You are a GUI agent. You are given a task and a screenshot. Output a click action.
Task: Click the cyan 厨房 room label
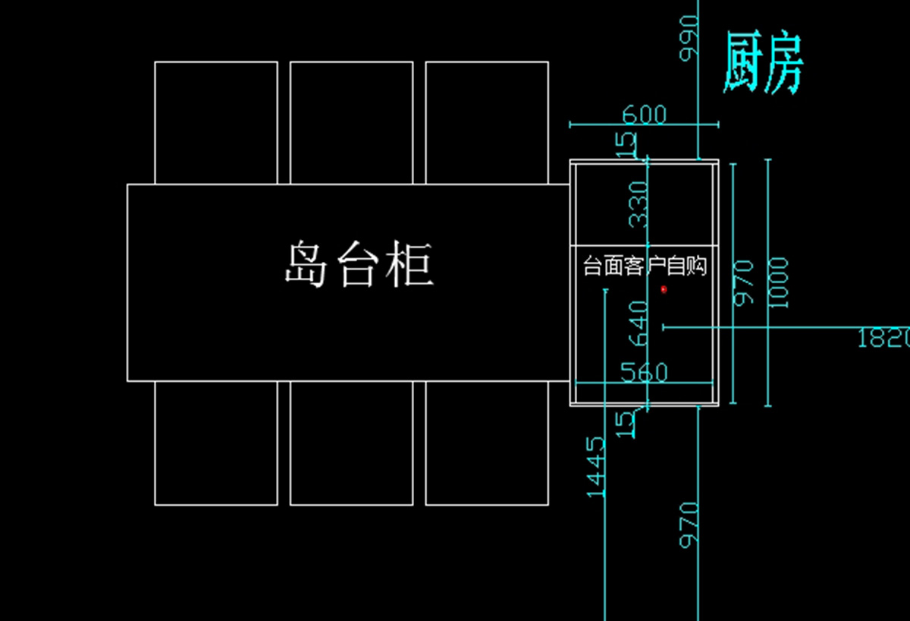[763, 63]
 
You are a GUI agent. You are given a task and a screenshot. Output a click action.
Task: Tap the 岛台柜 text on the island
[359, 264]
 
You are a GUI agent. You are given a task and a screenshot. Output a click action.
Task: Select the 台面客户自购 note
[645, 266]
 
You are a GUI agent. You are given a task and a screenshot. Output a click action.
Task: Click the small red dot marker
[664, 289]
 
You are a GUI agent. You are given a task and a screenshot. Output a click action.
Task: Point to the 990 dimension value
[689, 38]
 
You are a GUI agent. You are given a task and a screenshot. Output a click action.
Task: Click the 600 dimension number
[645, 114]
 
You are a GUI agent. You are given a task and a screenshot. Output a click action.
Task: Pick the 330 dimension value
[639, 204]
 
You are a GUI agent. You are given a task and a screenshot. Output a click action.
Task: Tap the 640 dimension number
[639, 323]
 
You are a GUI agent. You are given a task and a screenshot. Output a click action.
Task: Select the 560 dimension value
[645, 372]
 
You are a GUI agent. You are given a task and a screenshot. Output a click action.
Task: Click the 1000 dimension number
[778, 282]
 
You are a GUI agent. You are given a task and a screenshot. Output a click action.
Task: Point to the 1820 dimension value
[884, 338]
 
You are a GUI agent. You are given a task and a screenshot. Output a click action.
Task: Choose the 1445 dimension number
[595, 467]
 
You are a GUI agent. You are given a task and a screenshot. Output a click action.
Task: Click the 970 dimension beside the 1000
[743, 282]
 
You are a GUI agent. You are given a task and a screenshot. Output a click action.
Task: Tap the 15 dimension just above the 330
[626, 144]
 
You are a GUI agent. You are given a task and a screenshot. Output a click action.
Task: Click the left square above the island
[216, 123]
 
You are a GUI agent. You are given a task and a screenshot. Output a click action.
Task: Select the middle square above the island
[352, 123]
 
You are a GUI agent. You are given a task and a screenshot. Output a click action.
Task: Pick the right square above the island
[487, 123]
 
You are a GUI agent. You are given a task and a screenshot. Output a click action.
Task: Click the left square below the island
[216, 443]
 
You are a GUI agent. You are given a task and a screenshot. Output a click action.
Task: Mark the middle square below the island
[352, 443]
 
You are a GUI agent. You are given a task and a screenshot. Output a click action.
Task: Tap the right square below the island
[487, 443]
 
